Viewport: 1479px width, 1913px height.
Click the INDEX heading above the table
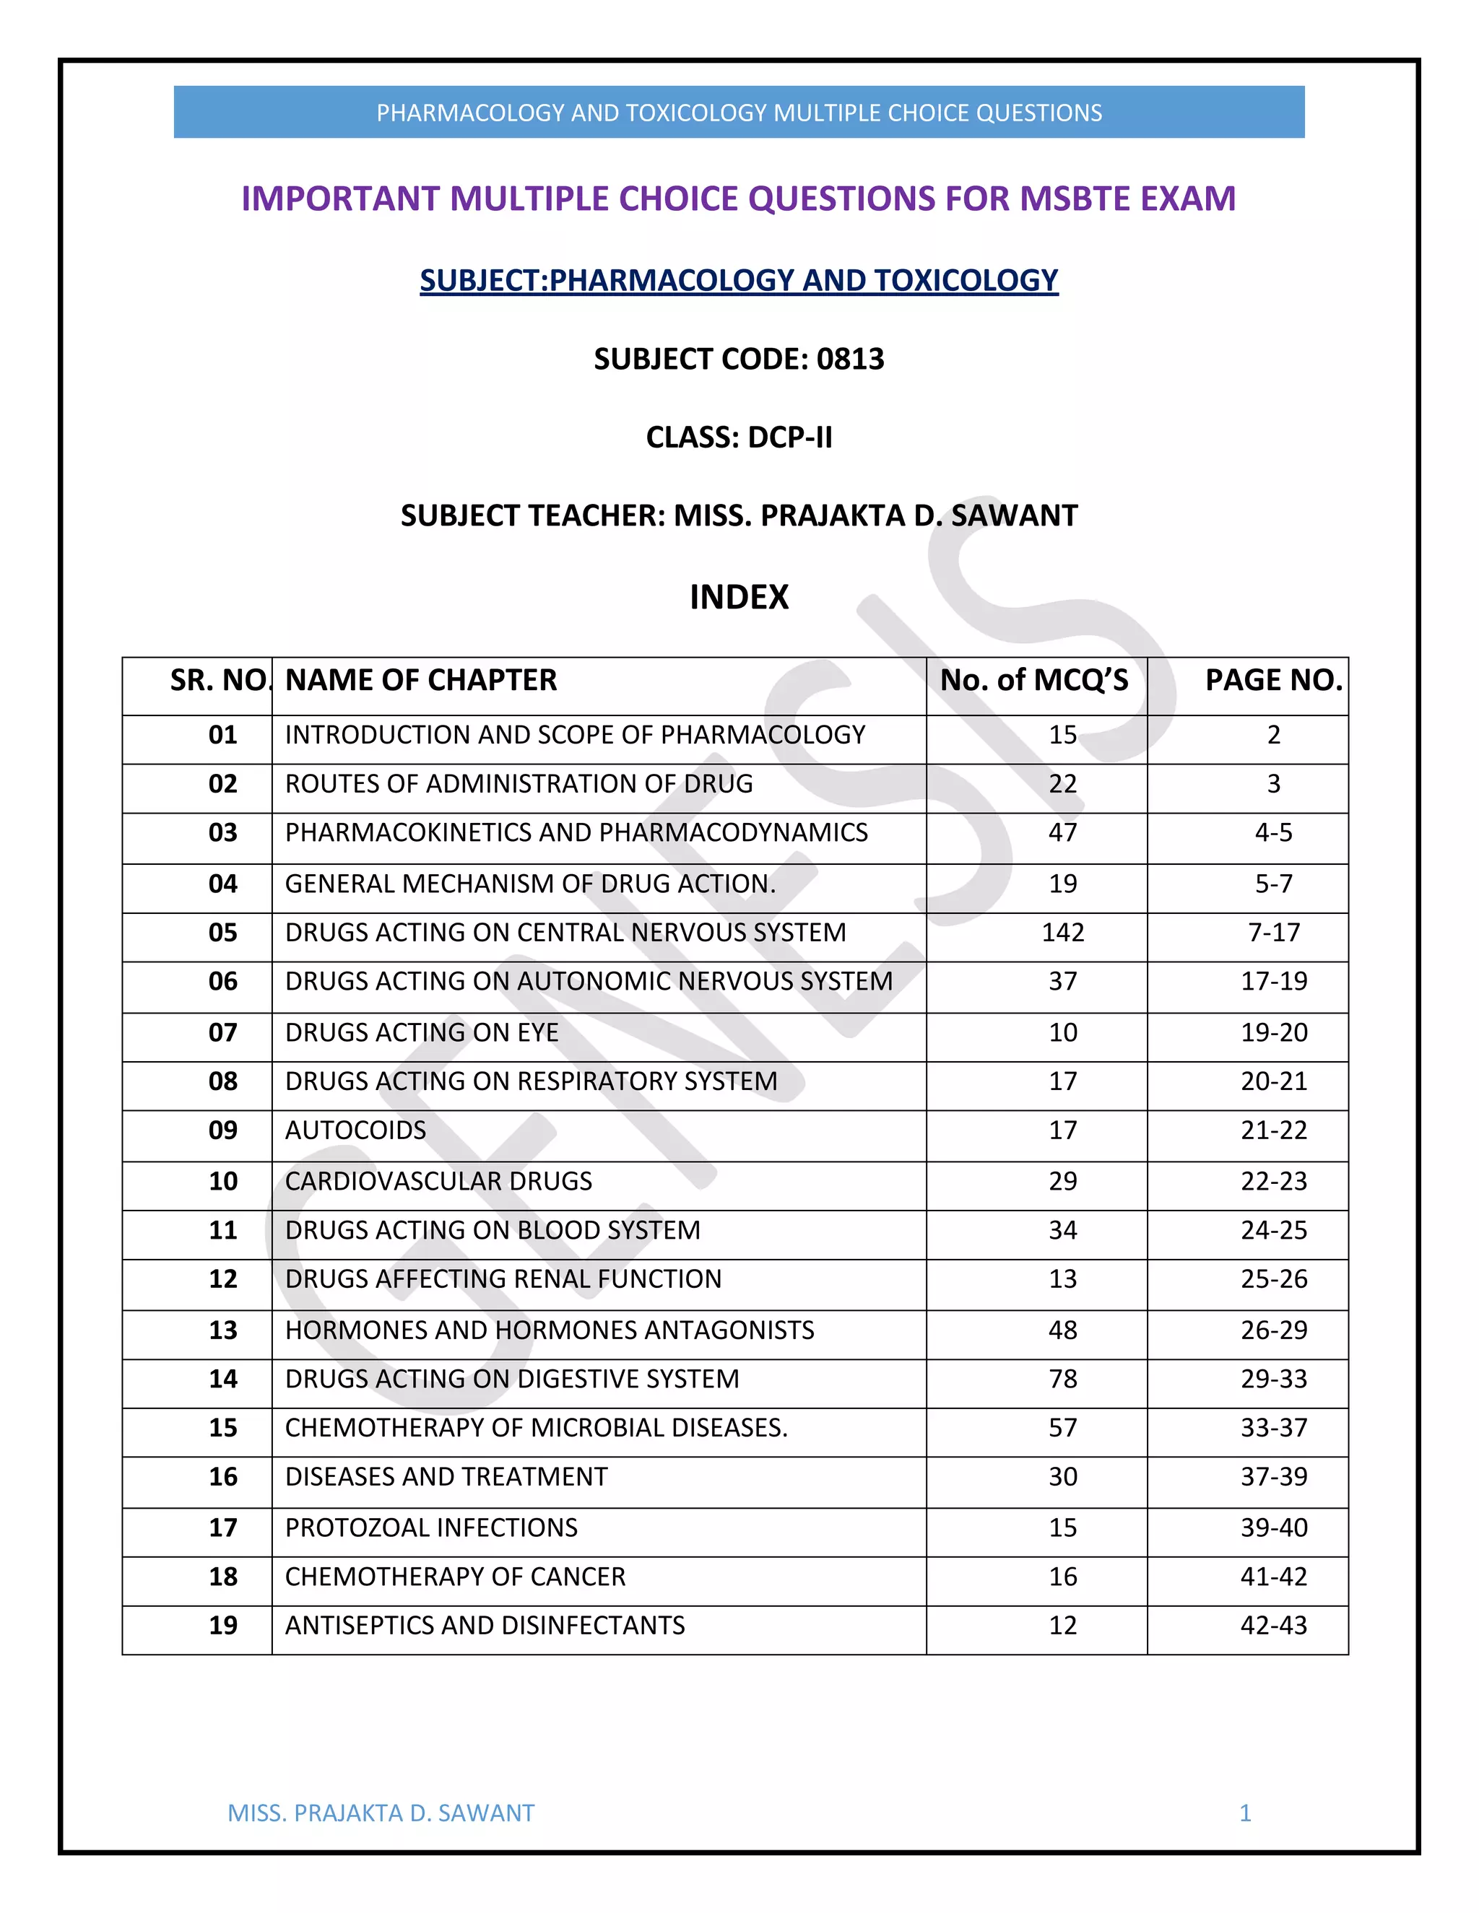click(x=739, y=598)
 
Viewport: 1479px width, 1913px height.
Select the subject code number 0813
click(x=850, y=359)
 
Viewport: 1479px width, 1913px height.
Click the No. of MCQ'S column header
click(x=1034, y=680)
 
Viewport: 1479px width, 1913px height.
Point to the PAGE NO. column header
click(x=1273, y=680)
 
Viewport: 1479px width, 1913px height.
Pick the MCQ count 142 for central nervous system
click(x=1063, y=932)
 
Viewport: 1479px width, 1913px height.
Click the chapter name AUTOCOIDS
click(x=356, y=1130)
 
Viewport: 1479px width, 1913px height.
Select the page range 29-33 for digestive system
click(x=1273, y=1379)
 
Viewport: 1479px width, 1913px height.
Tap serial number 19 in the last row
click(x=222, y=1626)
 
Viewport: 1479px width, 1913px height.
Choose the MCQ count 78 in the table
click(x=1063, y=1379)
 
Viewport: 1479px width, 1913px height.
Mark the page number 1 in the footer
click(x=1244, y=1813)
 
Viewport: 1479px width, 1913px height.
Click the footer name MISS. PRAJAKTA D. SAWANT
click(x=381, y=1813)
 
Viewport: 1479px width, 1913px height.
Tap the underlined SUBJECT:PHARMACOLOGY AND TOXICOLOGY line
click(x=739, y=280)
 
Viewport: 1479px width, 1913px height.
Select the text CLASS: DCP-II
click(x=739, y=437)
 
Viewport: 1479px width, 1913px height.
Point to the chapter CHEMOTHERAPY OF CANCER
click(x=455, y=1577)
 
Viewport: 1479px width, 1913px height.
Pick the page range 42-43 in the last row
click(x=1273, y=1626)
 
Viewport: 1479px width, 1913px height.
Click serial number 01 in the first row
click(x=222, y=734)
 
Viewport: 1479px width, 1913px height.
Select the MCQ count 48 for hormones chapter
click(x=1063, y=1330)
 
